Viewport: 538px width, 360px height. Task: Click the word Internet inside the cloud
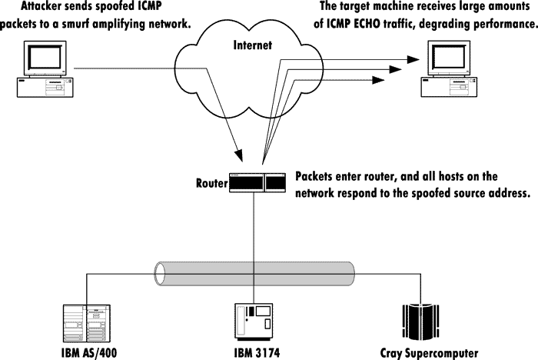(x=253, y=45)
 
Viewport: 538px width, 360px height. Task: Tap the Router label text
(x=211, y=183)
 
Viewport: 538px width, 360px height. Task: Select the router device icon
(x=257, y=183)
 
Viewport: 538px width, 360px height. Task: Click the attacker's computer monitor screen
(x=45, y=58)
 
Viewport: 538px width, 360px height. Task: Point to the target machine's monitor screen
(x=449, y=58)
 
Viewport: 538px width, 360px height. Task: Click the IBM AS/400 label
(x=89, y=353)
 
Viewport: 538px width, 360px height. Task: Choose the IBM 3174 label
(x=257, y=353)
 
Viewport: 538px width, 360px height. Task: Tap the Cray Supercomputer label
(x=429, y=353)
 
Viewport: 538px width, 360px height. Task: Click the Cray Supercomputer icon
(x=420, y=322)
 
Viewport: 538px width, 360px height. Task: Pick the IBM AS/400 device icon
(x=87, y=323)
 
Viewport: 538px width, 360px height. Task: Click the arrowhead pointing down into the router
(x=238, y=155)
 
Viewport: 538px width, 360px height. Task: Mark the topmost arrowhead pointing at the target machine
(x=413, y=59)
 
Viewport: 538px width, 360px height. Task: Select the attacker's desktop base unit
(x=45, y=87)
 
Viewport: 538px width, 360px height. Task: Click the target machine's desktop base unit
(x=449, y=87)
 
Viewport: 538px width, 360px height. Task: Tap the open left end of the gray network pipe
(x=159, y=274)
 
